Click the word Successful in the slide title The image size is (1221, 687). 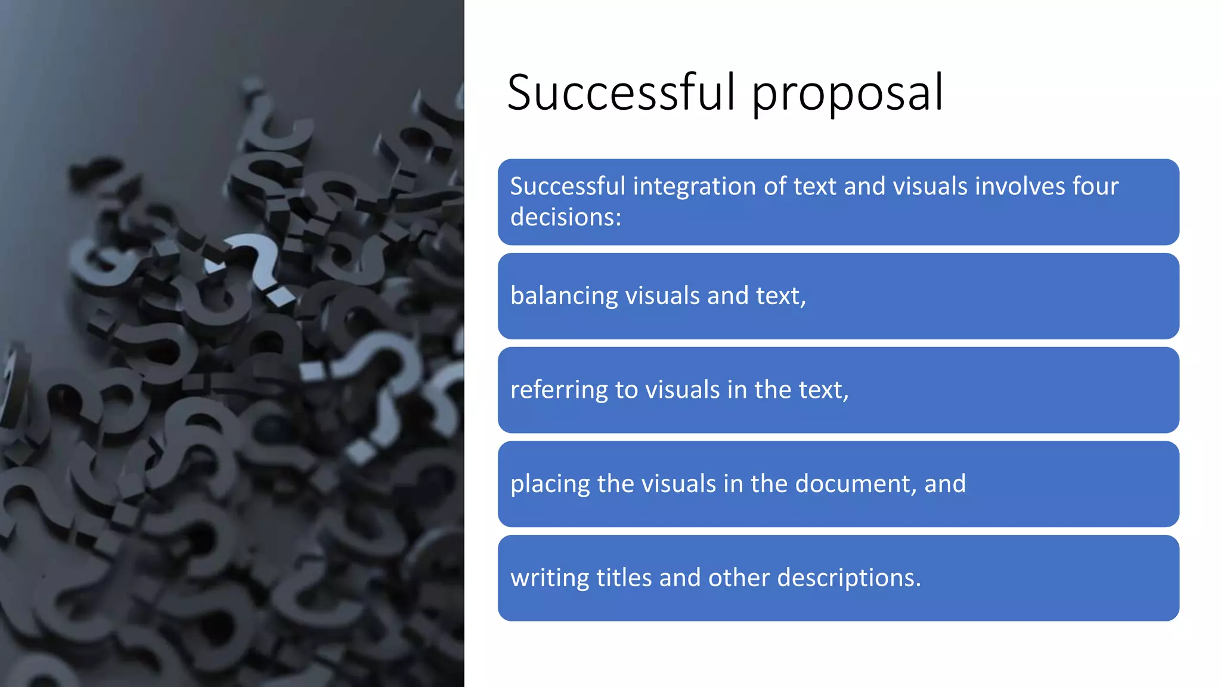[621, 93]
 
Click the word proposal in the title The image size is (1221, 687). [847, 94]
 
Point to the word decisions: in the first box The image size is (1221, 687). [566, 217]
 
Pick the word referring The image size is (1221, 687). [559, 390]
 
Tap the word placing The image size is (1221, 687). [550, 484]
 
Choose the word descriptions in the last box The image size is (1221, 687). [849, 578]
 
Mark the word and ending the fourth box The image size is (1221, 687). [945, 484]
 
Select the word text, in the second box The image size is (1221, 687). [781, 296]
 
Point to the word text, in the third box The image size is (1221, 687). [823, 390]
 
